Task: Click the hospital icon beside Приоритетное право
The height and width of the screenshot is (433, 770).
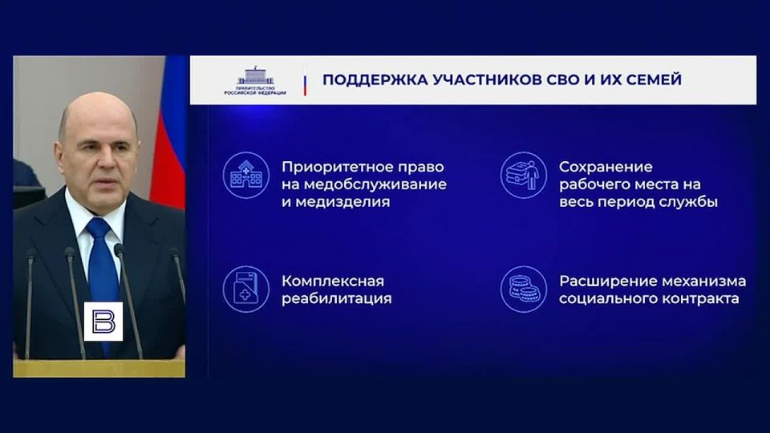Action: point(245,175)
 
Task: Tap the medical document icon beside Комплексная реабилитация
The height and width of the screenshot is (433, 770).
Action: point(245,289)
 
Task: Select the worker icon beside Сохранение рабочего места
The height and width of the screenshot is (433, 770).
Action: point(523,175)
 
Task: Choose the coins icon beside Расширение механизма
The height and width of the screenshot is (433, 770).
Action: point(523,289)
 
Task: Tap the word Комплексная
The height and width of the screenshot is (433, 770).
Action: point(333,281)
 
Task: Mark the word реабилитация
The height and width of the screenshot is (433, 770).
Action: point(337,299)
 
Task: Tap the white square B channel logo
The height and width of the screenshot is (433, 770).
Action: point(103,322)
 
